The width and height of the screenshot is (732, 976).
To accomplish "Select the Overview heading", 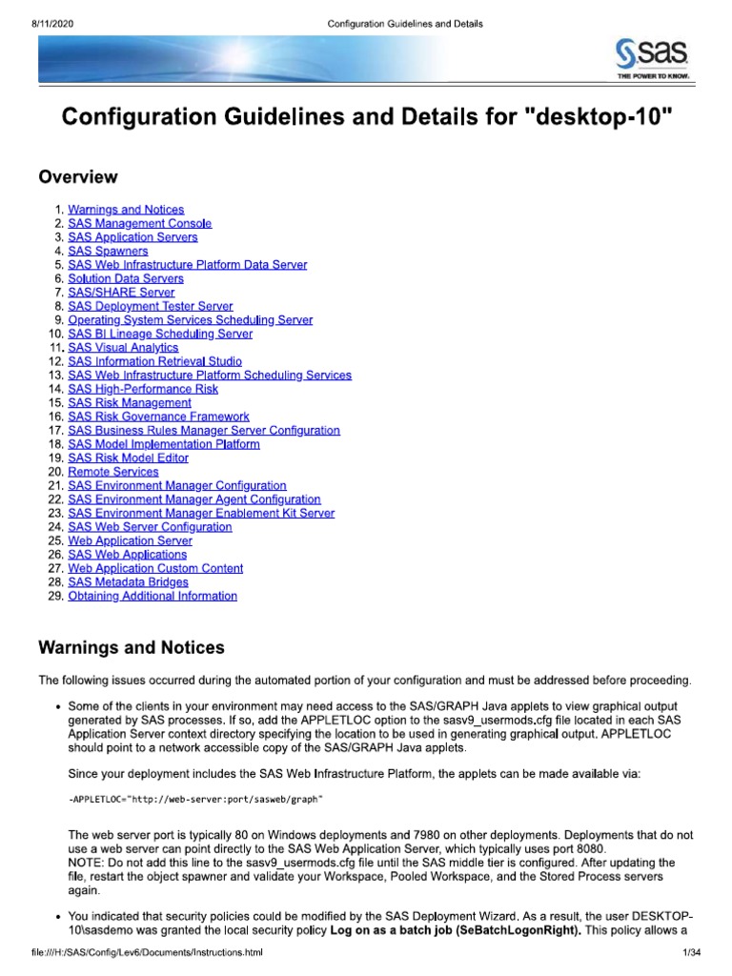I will pyautogui.click(x=78, y=177).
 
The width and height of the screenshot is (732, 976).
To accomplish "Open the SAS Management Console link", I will pyautogui.click(x=140, y=223).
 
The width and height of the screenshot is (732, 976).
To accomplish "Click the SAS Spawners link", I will pyautogui.click(x=108, y=251).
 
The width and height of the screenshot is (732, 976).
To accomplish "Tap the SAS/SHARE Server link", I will pyautogui.click(x=121, y=293).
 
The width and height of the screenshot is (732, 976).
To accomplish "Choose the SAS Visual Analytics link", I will pyautogui.click(x=123, y=348).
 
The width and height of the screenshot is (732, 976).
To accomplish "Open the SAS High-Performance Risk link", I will pyautogui.click(x=143, y=389).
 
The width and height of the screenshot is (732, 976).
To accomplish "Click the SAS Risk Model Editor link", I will pyautogui.click(x=129, y=457).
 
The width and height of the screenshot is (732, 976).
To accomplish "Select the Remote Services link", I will pyautogui.click(x=113, y=472).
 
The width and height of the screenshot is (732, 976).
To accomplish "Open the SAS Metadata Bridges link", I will pyautogui.click(x=128, y=581).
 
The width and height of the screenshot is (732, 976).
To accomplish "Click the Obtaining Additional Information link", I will pyautogui.click(x=152, y=596).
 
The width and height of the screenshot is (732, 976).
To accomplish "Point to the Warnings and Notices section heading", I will pyautogui.click(x=132, y=648).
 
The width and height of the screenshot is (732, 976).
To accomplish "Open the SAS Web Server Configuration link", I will pyautogui.click(x=150, y=526).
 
